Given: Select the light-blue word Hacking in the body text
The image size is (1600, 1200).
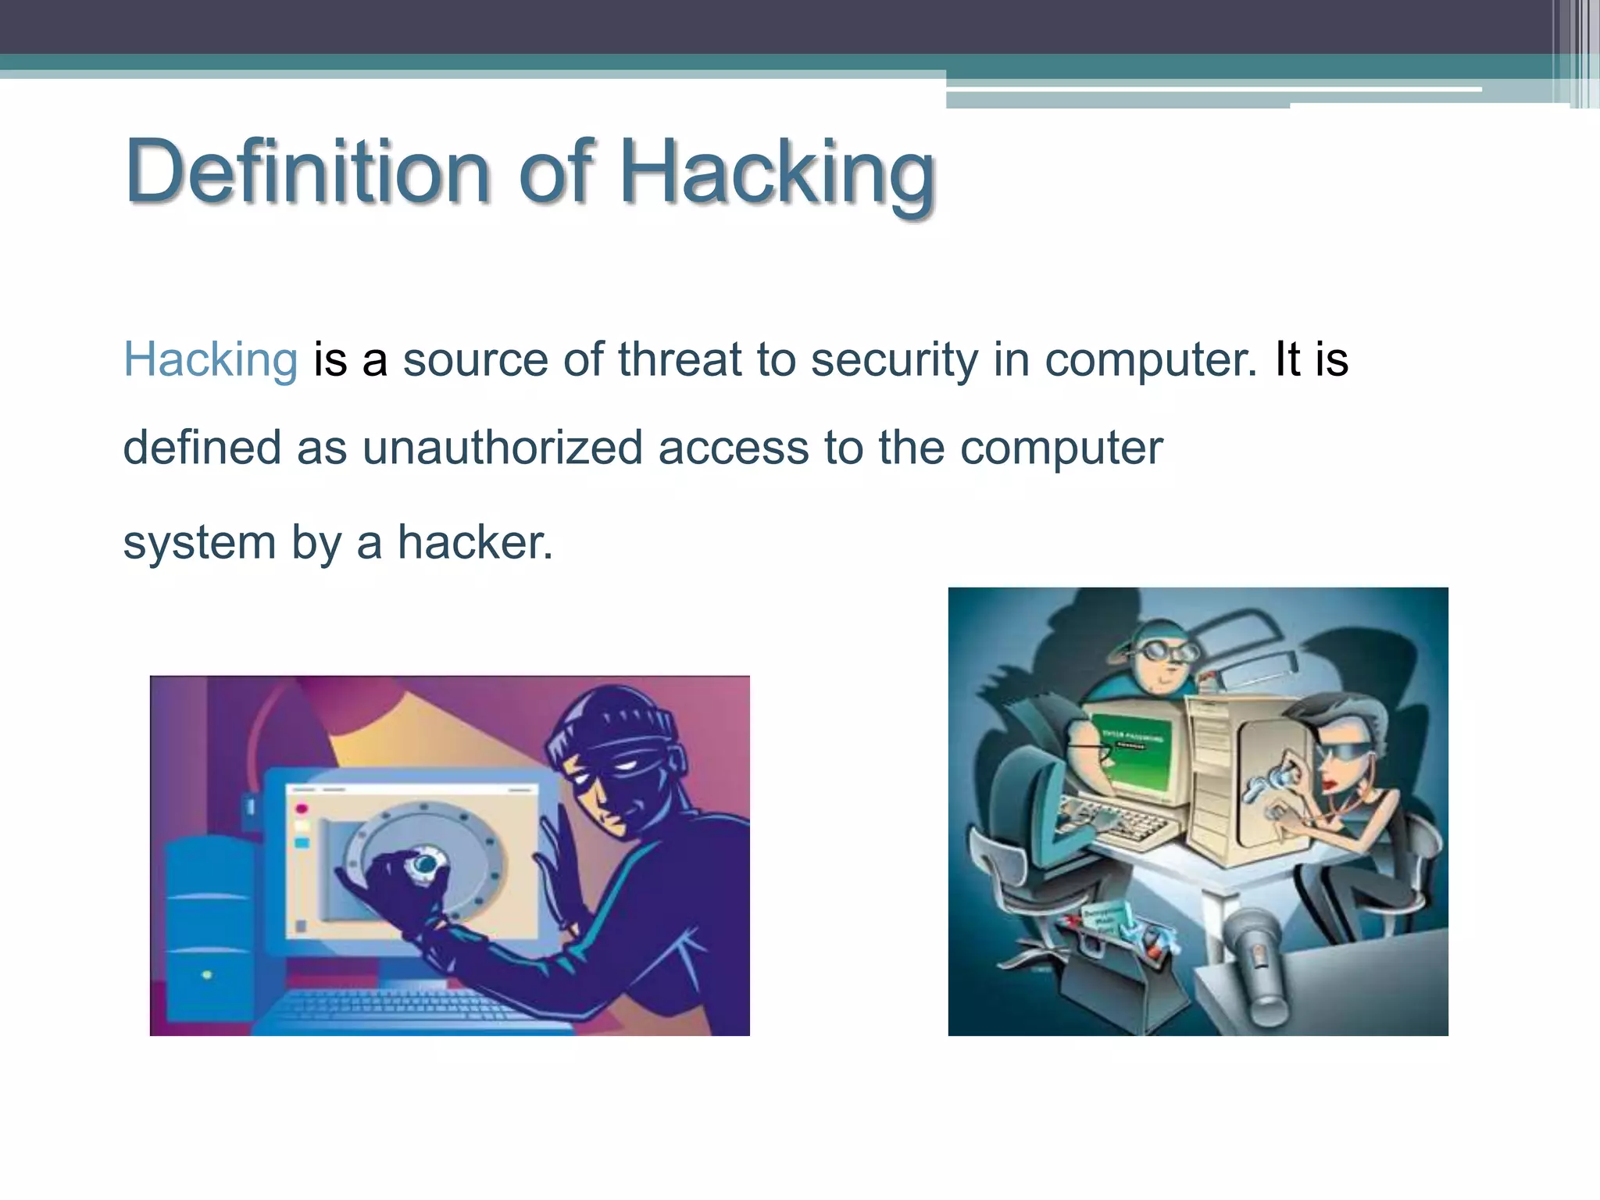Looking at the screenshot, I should point(210,360).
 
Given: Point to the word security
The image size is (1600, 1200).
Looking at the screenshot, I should point(894,361).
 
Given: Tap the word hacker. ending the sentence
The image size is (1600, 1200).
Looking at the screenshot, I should point(475,542).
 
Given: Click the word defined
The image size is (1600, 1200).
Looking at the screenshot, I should point(202,448).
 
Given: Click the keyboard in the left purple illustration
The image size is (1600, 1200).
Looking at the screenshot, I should point(406,1008).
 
